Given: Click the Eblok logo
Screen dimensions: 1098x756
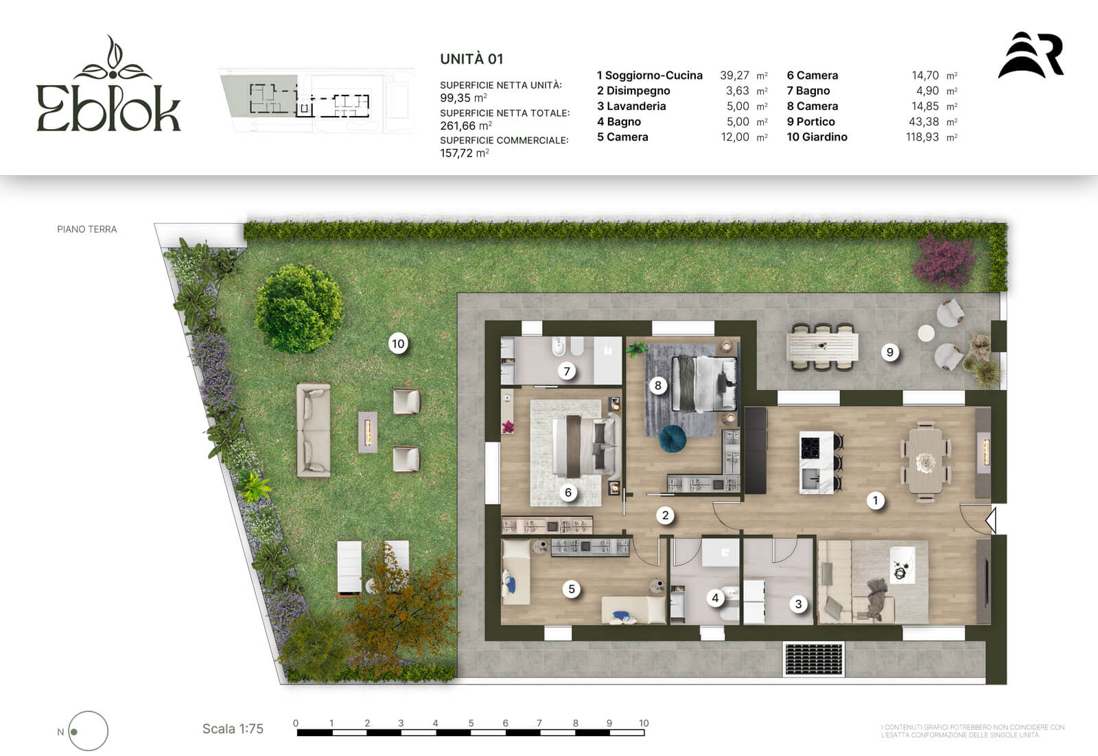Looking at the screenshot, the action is click(x=108, y=83).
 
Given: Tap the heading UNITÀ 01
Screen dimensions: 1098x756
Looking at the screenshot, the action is click(x=471, y=59).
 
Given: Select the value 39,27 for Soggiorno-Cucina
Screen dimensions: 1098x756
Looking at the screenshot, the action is click(x=734, y=75).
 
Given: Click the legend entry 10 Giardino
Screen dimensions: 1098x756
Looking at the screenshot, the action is click(x=817, y=137).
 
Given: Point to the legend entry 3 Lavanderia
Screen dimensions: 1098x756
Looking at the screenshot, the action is click(x=631, y=106).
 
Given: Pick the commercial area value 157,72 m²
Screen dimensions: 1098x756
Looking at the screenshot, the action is click(x=464, y=153).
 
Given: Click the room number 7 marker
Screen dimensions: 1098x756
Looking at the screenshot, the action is click(x=567, y=371).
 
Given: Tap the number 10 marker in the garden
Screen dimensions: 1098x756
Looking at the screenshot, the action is click(x=398, y=343).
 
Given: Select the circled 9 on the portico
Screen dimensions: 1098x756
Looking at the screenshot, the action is click(x=889, y=352).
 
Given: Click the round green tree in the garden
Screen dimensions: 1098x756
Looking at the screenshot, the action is click(x=299, y=309).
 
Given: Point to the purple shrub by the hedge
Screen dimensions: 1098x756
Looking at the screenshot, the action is click(x=943, y=261).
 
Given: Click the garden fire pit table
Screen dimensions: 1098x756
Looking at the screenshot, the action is click(x=368, y=432).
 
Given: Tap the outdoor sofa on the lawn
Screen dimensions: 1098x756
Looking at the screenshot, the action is click(x=314, y=431).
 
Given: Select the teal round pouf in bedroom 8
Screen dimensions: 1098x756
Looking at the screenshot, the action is click(x=673, y=438).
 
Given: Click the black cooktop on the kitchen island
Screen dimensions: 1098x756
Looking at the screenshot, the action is click(x=810, y=447).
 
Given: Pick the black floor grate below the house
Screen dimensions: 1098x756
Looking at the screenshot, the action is click(x=814, y=659).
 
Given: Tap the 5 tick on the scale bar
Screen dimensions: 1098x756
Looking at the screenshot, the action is click(x=471, y=722).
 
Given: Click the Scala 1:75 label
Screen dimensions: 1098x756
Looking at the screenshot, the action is click(x=233, y=729).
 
